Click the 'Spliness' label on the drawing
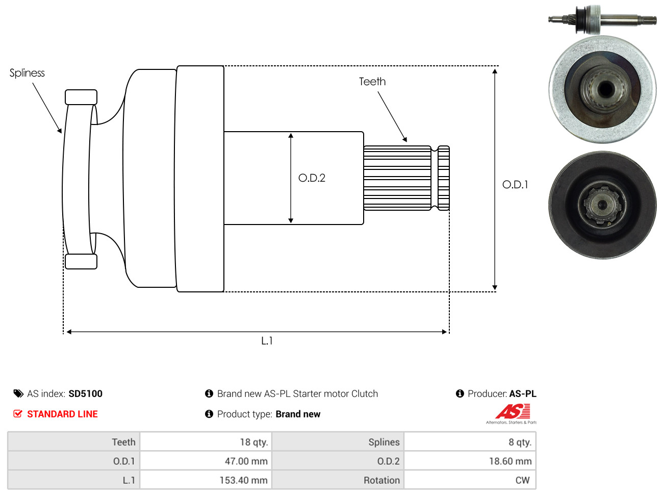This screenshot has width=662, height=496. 27,73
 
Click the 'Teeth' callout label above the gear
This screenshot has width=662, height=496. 372,82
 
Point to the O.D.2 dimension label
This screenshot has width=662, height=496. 312,178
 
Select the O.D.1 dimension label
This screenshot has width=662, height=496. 515,185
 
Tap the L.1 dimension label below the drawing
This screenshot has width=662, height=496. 267,341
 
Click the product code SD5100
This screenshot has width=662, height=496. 85,393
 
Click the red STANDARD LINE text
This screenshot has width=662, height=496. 62,414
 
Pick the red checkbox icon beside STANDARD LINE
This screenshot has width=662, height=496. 18,414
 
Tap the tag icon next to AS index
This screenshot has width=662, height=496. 18,393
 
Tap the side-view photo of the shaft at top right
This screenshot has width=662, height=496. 602,20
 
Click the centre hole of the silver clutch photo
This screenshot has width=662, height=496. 605,89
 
